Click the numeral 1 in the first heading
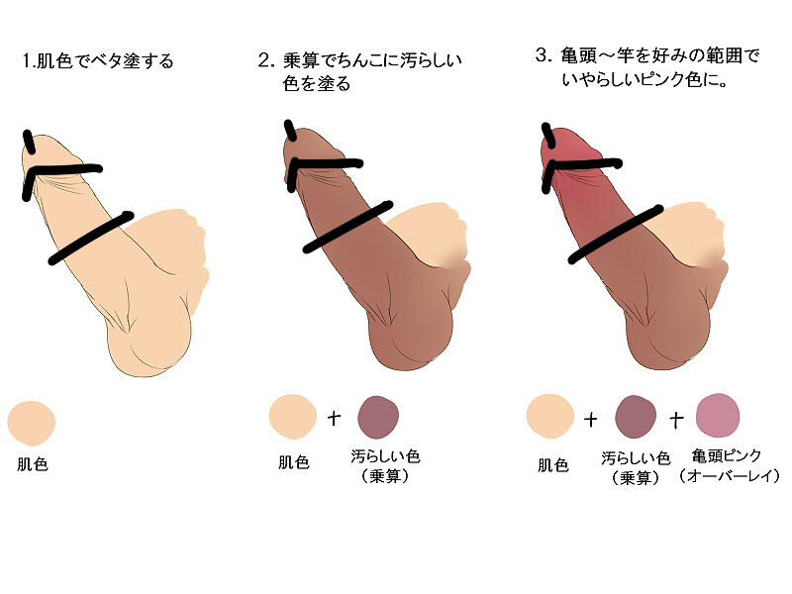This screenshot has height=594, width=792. point(26,61)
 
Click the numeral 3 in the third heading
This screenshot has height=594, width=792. point(542,54)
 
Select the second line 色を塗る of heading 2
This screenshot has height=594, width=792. point(316,83)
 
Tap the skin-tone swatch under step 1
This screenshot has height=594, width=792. point(32,424)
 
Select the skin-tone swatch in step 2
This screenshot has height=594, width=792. point(292,417)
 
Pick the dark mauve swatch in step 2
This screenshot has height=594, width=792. point(378,417)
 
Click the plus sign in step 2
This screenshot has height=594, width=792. point(334,418)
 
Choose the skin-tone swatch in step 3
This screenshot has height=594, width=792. point(550,416)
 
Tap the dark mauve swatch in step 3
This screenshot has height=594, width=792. point(636,417)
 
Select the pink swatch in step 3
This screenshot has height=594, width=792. point(717,415)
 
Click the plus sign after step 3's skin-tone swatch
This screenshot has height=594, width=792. point(590,419)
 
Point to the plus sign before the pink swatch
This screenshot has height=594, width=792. point(676,419)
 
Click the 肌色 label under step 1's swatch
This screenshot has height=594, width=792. point(33,464)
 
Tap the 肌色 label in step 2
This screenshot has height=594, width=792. point(293,462)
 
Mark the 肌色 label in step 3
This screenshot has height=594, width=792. point(553,464)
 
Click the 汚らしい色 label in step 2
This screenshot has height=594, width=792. point(385,456)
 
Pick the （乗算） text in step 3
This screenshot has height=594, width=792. point(636,478)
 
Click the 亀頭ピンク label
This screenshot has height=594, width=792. point(726,455)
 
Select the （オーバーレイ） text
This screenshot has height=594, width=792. point(729,476)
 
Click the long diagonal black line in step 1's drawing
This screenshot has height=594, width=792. point(91,238)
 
